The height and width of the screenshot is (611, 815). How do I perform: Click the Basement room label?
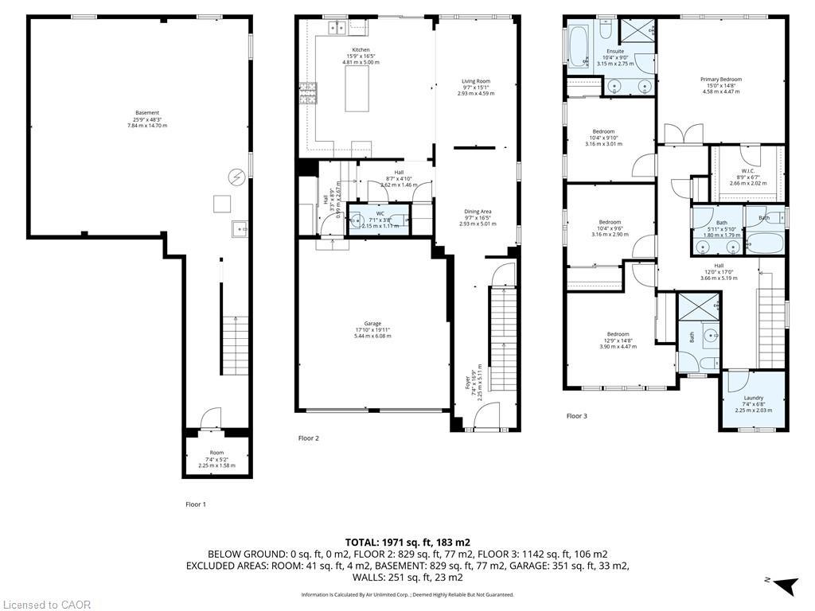coord(147,113)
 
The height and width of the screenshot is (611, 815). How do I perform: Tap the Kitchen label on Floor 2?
coord(361,50)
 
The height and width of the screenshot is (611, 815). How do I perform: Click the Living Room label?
coord(476,81)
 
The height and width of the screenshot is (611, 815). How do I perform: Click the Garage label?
coord(372,324)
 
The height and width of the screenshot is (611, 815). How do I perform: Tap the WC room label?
coord(380,213)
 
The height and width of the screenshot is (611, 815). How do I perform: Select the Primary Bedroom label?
coord(720,80)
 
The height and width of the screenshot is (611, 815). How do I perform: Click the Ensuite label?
coord(614,52)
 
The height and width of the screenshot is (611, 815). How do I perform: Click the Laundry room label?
coord(753,398)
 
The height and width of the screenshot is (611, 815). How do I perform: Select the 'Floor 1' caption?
coord(195,504)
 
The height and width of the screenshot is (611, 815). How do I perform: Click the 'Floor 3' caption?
coord(577,416)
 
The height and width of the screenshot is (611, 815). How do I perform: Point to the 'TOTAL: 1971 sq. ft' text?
coord(407,542)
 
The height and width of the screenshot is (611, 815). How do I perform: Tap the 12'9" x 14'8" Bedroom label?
coord(618,334)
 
